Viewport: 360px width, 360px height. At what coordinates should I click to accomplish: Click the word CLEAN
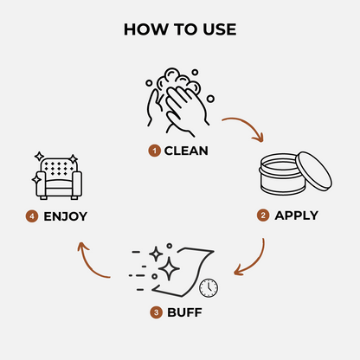[x=186, y=151]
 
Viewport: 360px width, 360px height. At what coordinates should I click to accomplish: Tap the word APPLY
[x=296, y=215]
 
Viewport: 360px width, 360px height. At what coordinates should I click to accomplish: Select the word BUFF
[x=184, y=312]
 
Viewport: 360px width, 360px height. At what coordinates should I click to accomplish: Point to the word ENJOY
[x=65, y=216]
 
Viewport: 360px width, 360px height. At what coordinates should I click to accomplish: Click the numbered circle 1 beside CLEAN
[x=154, y=151]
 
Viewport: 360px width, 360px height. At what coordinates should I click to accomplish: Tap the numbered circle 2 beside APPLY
[x=263, y=215]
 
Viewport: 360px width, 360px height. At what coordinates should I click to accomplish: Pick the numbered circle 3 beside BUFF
[x=156, y=312]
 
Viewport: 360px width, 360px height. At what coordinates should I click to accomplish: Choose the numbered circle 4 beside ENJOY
[x=32, y=216]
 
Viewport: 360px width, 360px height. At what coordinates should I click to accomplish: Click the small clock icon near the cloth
[x=209, y=288]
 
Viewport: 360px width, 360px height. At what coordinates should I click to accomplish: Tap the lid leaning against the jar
[x=314, y=170]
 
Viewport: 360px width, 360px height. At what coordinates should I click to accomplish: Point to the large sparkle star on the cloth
[x=169, y=269]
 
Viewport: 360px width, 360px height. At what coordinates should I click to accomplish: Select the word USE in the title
[x=220, y=29]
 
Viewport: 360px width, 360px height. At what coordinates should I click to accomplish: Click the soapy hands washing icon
[x=179, y=102]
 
